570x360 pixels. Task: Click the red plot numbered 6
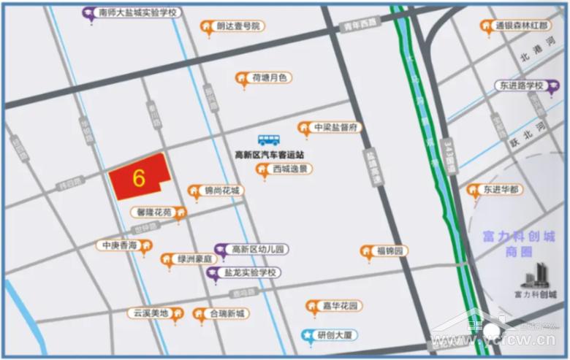pos(138,177)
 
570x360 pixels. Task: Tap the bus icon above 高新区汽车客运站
pos(268,139)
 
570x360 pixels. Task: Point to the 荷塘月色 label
pos(270,77)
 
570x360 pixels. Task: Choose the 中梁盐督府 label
pos(335,128)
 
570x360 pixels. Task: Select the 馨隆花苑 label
pos(153,212)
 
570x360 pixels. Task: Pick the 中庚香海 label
pos(119,245)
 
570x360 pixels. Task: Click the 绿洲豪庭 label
pos(194,259)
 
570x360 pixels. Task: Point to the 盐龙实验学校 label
pos(251,272)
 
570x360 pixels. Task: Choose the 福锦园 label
pos(390,251)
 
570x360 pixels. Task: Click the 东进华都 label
pos(502,190)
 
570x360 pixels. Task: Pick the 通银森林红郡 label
pos(521,26)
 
